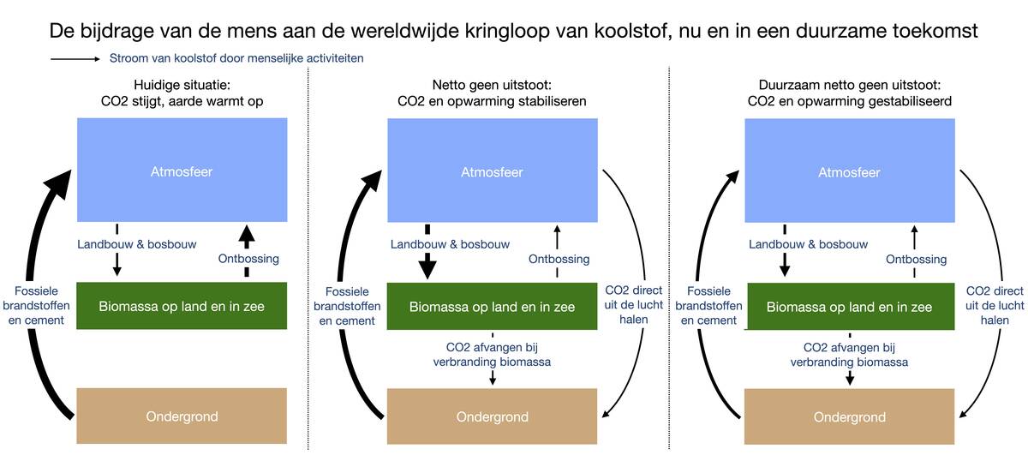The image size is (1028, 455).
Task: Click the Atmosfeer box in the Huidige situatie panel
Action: tap(181, 171)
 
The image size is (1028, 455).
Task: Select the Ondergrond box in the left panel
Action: tap(181, 416)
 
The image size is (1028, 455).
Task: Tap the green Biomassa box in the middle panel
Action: tap(492, 307)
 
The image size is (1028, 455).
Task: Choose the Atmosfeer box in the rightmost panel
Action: tap(849, 171)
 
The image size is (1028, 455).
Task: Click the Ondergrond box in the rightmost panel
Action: tap(849, 416)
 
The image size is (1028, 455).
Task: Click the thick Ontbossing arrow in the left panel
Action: tap(247, 236)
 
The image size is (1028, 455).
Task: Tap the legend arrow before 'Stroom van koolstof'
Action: tap(75, 59)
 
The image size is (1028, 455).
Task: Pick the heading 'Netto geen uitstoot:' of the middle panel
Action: tap(492, 85)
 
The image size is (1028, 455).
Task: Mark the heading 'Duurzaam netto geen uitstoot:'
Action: tap(849, 85)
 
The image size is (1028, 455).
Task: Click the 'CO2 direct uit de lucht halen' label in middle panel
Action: tap(634, 304)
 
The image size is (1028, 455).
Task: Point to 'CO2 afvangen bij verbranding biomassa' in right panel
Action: tap(849, 355)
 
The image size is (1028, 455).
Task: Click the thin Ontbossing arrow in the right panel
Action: tap(915, 236)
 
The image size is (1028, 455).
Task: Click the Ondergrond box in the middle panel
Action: tap(492, 416)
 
